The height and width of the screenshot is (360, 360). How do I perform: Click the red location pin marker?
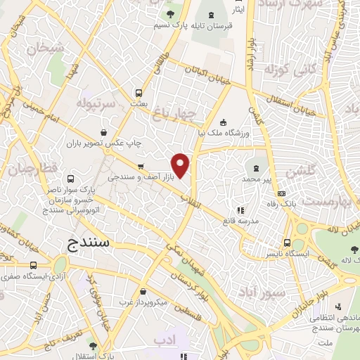[x=181, y=165]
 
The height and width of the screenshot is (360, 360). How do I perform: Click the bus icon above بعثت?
[x=139, y=92]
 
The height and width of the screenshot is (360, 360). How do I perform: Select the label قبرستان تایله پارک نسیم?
[x=186, y=25]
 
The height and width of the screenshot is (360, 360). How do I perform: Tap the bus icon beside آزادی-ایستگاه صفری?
[x=34, y=265]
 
